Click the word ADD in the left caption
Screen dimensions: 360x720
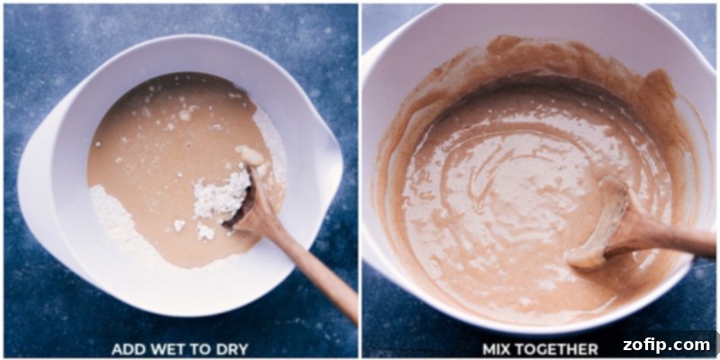[128, 348]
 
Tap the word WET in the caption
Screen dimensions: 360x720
[167, 348]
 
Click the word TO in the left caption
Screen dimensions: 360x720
[199, 348]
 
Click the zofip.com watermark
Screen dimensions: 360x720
[665, 345]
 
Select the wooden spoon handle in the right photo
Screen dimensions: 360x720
[675, 238]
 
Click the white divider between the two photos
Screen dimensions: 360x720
[360, 180]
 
